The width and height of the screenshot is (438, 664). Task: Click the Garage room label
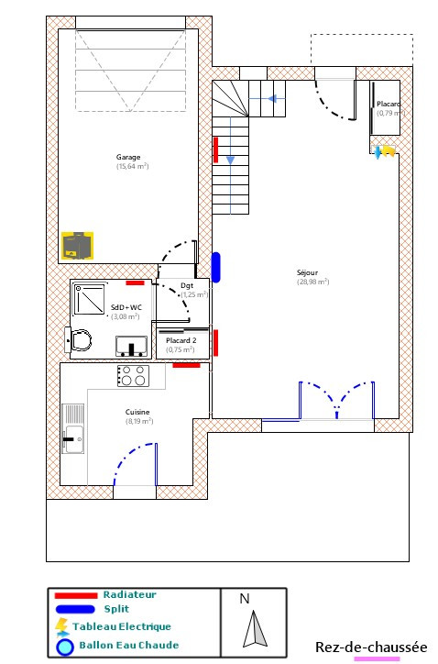tap(128, 157)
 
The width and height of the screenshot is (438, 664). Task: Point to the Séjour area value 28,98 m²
tap(312, 282)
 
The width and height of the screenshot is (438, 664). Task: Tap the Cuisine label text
tap(137, 412)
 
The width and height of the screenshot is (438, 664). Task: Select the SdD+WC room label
tap(126, 307)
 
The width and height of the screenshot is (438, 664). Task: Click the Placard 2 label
tap(181, 340)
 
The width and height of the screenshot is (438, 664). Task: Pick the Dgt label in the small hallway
tap(187, 286)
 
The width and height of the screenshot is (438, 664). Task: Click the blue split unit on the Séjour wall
tap(215, 267)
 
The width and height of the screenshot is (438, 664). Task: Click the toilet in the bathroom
tap(80, 339)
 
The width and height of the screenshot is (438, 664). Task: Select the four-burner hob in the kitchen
tap(133, 375)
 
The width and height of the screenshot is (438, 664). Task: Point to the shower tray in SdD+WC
tap(93, 299)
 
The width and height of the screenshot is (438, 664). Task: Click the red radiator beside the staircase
tap(216, 149)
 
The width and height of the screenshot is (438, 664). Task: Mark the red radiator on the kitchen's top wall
tap(186, 365)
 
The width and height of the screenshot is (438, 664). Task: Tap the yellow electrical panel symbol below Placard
tap(388, 150)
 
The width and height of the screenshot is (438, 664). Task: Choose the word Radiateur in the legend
tap(129, 594)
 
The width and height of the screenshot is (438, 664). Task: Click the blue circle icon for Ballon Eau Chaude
tap(64, 646)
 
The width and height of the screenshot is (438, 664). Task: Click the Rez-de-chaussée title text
tap(371, 647)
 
